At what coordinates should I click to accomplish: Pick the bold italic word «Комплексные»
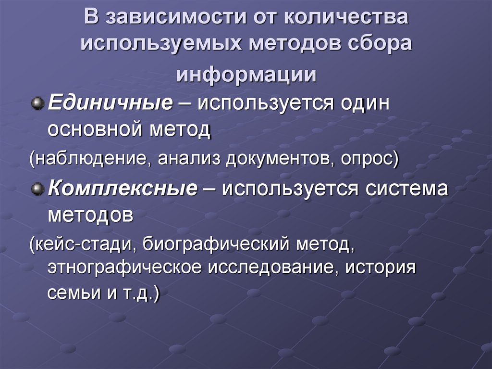pos(123,189)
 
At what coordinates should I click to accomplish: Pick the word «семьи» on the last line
pos(71,293)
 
